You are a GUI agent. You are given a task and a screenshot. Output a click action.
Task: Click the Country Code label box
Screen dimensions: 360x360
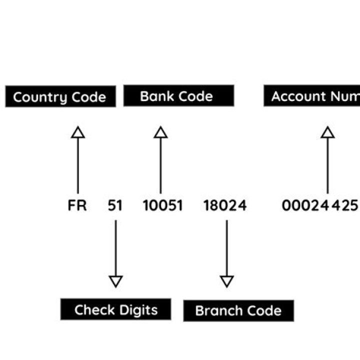point(60,96)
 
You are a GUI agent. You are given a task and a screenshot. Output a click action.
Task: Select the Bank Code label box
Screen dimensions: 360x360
point(178,96)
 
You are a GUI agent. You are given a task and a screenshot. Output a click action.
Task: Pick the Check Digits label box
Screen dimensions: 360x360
point(115,309)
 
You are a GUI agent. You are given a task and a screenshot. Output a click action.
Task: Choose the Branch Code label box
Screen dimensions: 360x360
point(238,310)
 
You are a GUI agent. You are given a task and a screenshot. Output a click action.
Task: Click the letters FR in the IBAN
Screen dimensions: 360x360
point(77,205)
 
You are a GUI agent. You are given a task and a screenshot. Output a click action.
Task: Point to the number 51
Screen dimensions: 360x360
point(115,205)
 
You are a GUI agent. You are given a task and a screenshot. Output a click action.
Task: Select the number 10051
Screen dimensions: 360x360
point(163,205)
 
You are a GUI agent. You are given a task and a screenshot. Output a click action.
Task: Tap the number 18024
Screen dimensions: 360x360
point(225,205)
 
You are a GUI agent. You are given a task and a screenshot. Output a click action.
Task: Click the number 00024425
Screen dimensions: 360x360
point(320,205)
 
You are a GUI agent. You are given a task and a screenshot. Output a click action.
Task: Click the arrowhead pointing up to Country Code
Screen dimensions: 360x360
point(77,132)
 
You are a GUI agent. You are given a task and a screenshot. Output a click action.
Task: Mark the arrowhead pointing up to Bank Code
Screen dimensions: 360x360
point(160,132)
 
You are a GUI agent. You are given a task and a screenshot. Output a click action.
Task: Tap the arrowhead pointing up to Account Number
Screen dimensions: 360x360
point(327,132)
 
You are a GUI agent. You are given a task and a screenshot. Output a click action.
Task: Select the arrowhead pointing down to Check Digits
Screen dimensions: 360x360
point(115,281)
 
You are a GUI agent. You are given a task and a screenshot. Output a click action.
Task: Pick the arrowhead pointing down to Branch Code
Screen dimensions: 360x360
point(226,281)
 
